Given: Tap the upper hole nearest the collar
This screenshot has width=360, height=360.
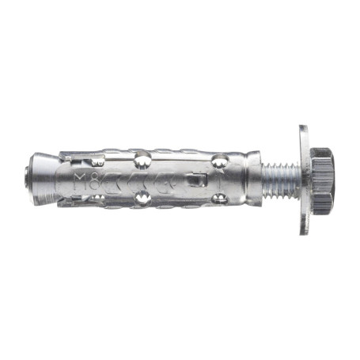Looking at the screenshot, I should point(223,161).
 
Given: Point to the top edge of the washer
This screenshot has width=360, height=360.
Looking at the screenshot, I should point(304,128).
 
